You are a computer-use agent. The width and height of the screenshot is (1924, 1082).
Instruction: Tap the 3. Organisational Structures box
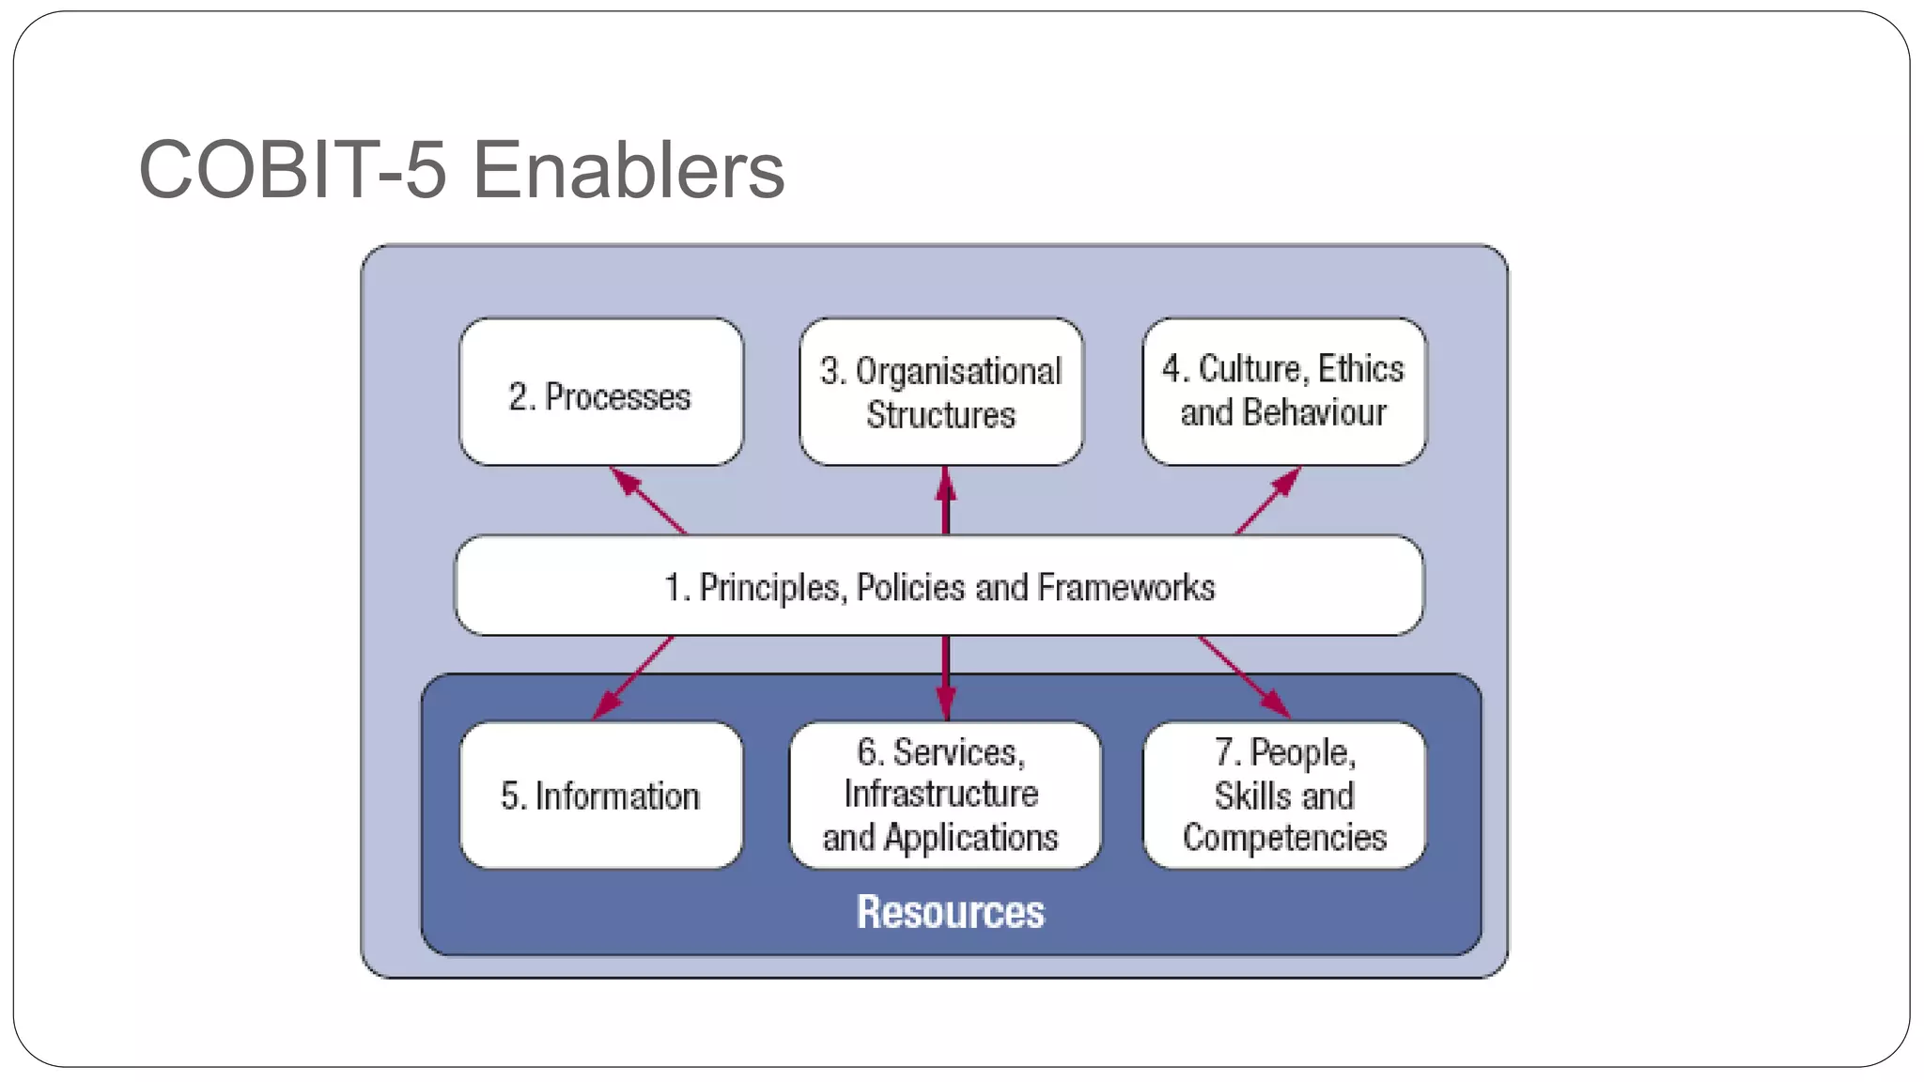coord(941,393)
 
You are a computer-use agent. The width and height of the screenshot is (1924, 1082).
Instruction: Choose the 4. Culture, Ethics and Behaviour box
coord(1283,391)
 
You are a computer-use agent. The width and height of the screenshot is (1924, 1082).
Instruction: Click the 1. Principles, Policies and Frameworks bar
coord(939,586)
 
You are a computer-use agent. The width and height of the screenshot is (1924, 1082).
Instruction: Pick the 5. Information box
coord(601,796)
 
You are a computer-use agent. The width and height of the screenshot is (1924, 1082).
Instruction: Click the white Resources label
coord(950,912)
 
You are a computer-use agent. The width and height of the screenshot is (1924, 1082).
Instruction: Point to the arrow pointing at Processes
coord(648,501)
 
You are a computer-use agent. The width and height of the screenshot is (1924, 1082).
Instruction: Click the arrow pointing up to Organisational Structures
coord(946,501)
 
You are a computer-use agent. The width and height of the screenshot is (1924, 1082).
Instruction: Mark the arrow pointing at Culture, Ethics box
coord(1268,501)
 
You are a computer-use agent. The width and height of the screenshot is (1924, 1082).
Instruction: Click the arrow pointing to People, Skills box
coord(1244,677)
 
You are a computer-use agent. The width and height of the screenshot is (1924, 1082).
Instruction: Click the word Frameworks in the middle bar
coord(1125,587)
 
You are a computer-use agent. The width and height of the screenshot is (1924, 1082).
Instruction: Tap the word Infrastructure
coord(941,795)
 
